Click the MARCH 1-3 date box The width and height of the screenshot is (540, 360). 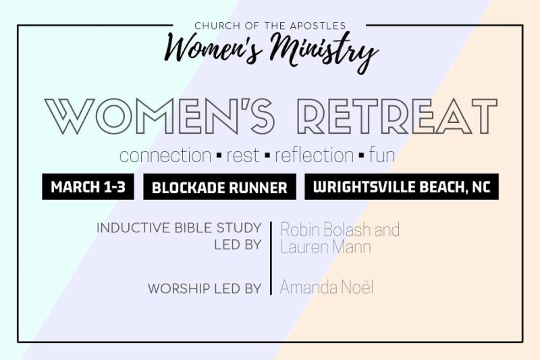pyautogui.click(x=88, y=186)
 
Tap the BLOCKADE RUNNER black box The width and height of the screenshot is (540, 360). pyautogui.click(x=220, y=186)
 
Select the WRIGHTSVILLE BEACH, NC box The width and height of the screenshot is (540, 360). pyautogui.click(x=402, y=186)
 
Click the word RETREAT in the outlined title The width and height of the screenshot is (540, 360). pyautogui.click(x=398, y=116)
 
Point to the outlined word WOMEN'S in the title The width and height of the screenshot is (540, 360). pyautogui.click(x=159, y=116)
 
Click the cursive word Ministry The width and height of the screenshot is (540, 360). pyautogui.click(x=324, y=53)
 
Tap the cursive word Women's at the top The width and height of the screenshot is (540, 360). pyautogui.click(x=213, y=49)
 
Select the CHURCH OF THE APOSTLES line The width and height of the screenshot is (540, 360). pyautogui.click(x=270, y=26)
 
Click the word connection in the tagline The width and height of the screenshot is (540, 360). pyautogui.click(x=165, y=155)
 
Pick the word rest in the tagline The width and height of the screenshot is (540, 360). pyautogui.click(x=242, y=155)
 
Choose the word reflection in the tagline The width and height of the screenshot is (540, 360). pyautogui.click(x=314, y=155)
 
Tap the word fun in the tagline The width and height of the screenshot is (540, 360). pyautogui.click(x=382, y=155)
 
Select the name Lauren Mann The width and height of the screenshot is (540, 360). pyautogui.click(x=325, y=247)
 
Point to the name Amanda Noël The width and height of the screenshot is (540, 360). pyautogui.click(x=327, y=287)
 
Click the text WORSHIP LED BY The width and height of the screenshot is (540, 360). pyautogui.click(x=205, y=288)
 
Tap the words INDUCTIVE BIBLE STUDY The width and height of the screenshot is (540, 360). pyautogui.click(x=179, y=228)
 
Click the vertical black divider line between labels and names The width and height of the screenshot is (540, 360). pyautogui.click(x=271, y=258)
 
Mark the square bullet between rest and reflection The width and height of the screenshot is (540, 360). pyautogui.click(x=267, y=156)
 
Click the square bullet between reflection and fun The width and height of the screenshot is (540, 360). pyautogui.click(x=361, y=156)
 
